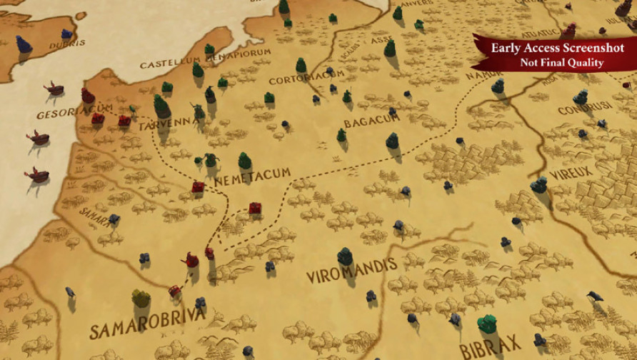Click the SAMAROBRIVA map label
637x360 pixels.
[x=146, y=321]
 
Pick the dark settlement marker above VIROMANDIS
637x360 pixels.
[x=346, y=255]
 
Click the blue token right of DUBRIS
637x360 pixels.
[x=67, y=33]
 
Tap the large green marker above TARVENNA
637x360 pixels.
[x=161, y=105]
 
